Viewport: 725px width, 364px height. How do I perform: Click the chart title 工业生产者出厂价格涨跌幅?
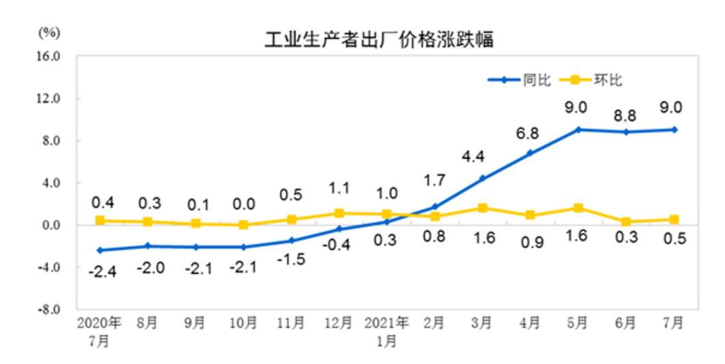[379, 39]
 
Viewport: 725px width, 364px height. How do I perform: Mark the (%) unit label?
[49, 32]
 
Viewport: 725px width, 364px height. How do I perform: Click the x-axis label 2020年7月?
[99, 330]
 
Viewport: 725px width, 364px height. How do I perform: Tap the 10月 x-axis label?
[243, 323]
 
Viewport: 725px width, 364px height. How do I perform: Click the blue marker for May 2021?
[578, 130]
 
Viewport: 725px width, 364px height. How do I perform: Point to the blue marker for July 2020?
[100, 250]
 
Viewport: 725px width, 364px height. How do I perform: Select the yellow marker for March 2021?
[483, 208]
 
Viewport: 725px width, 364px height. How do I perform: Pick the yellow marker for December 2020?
[339, 213]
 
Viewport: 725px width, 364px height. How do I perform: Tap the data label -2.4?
[102, 271]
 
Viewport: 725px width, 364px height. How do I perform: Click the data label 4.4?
[473, 157]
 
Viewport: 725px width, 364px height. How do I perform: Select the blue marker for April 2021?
[531, 153]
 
